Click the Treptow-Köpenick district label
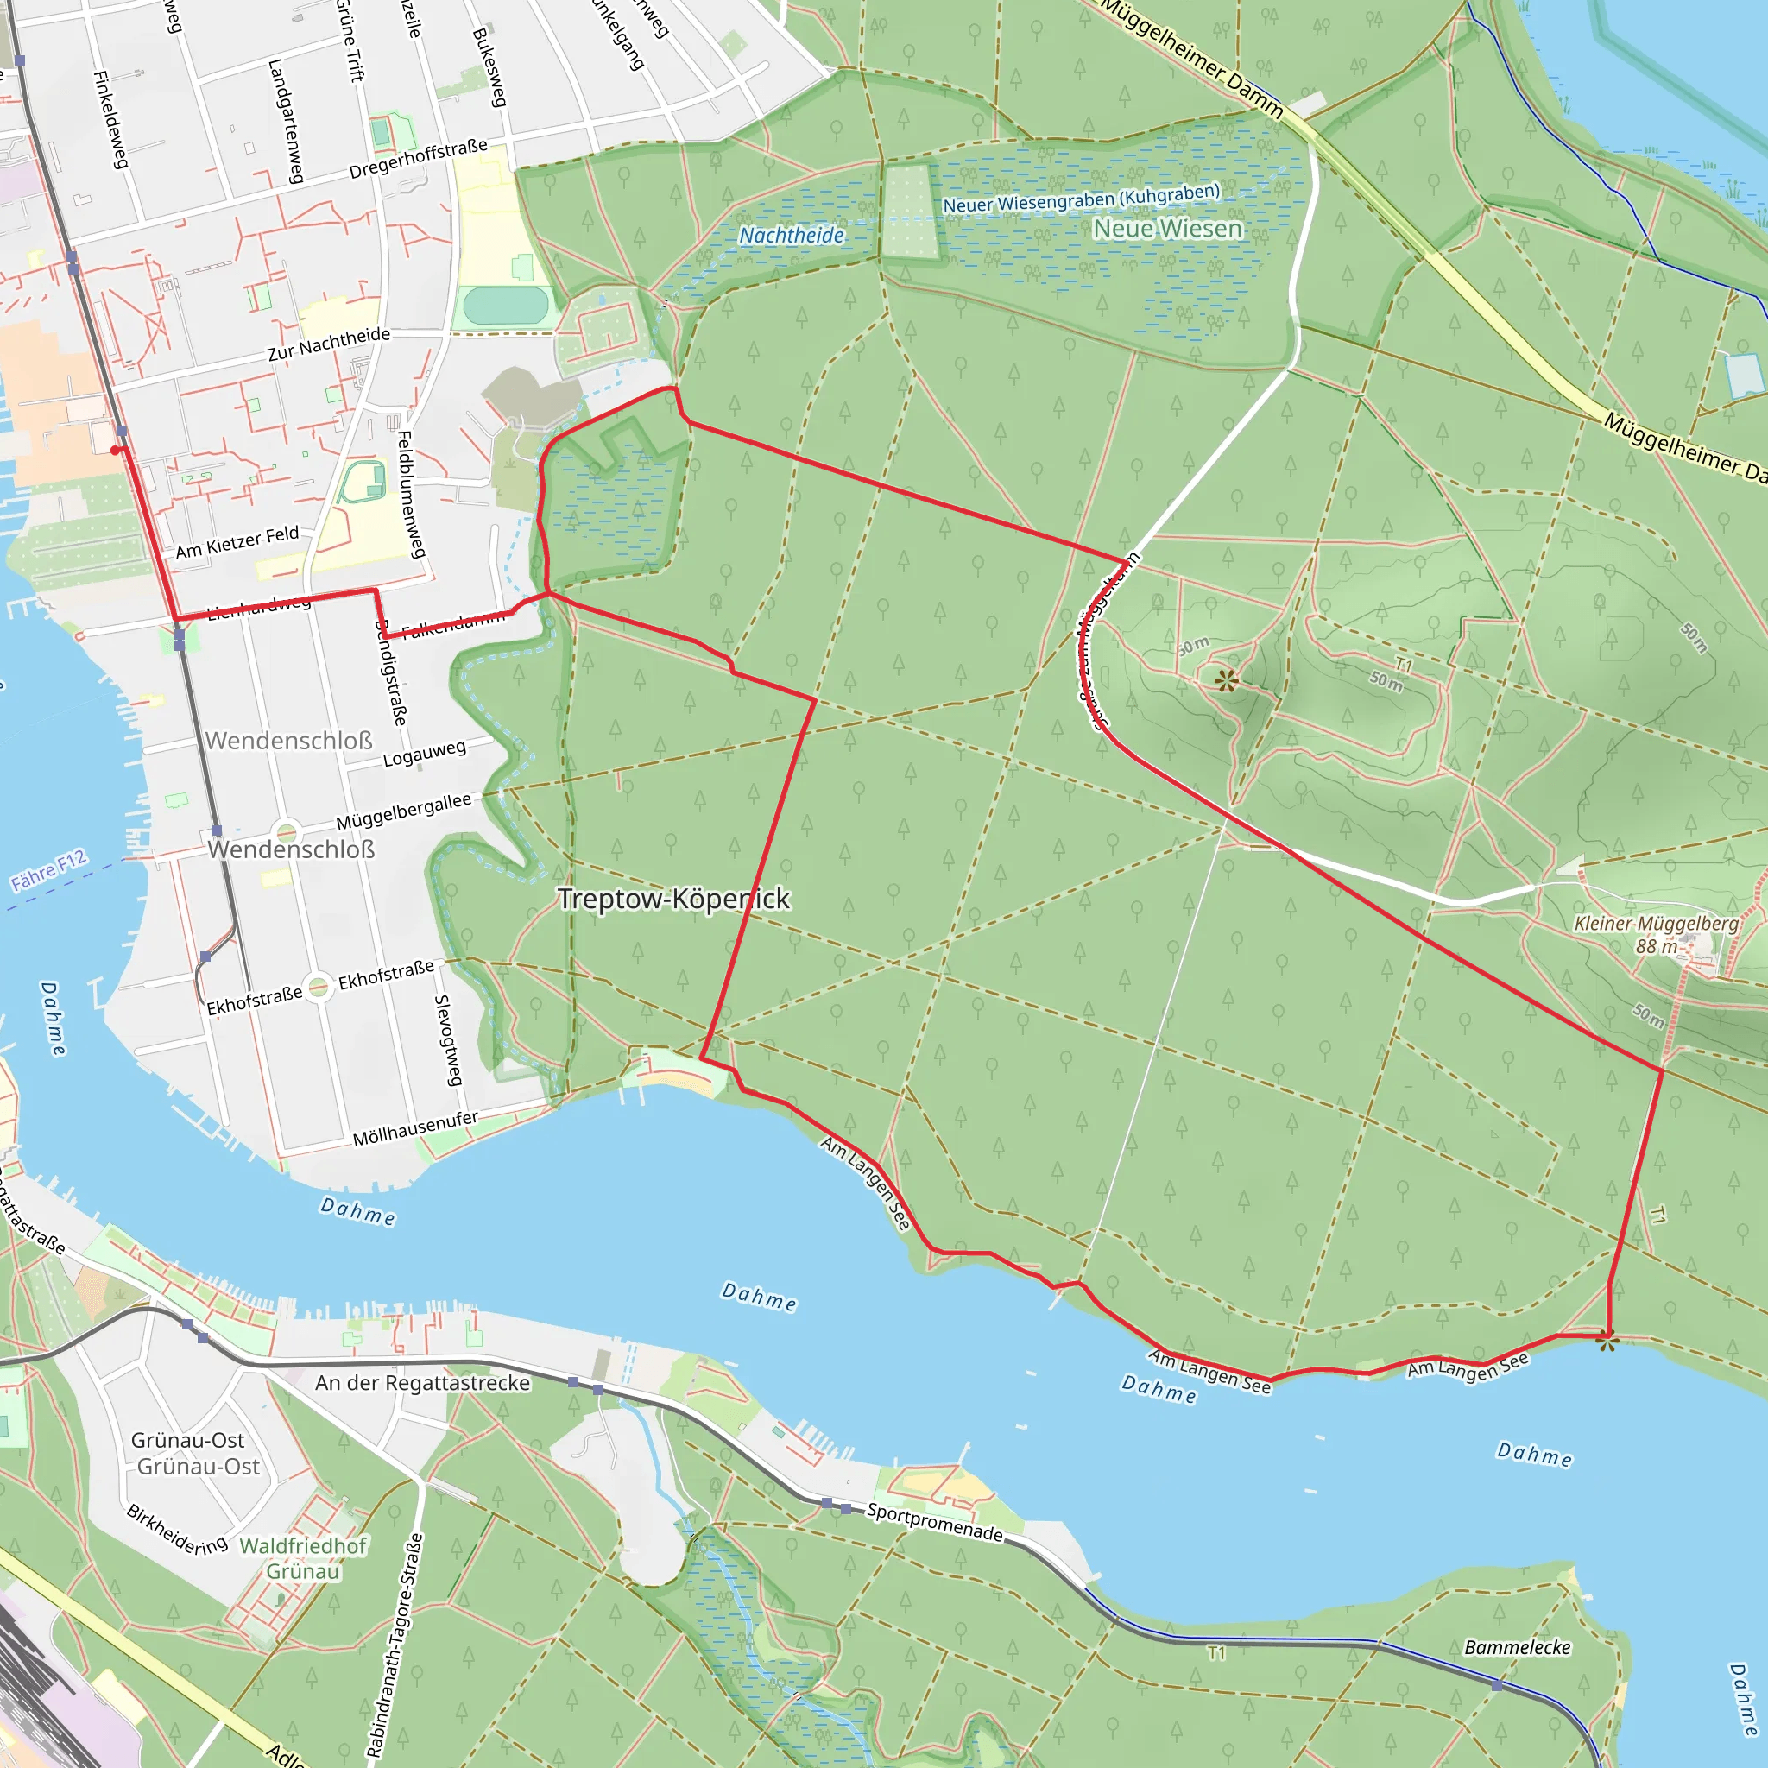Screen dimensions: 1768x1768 pos(673,900)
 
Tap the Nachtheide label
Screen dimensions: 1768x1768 pos(792,235)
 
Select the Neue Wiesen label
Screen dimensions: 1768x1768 pos(1168,228)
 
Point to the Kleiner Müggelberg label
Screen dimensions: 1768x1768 pos(1656,924)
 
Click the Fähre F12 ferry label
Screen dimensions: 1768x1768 pos(48,869)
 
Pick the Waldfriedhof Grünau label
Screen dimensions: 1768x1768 pos(303,1558)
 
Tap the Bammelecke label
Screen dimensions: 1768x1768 pos(1518,1647)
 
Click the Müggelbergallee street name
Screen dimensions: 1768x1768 pos(403,811)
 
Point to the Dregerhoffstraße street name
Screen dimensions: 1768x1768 pos(418,159)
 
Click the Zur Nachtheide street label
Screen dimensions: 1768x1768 pos(329,344)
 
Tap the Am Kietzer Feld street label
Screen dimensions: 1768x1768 pos(237,542)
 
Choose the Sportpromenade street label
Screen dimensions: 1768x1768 pos(934,1521)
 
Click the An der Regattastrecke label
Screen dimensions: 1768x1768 pos(423,1383)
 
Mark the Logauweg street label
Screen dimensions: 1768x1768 pos(424,753)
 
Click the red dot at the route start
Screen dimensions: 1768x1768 pos(116,451)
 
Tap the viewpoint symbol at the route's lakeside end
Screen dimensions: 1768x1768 pos(1607,1342)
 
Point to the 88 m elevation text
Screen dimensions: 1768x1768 pos(1657,946)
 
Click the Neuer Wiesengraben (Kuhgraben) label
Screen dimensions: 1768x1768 pos(1082,198)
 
